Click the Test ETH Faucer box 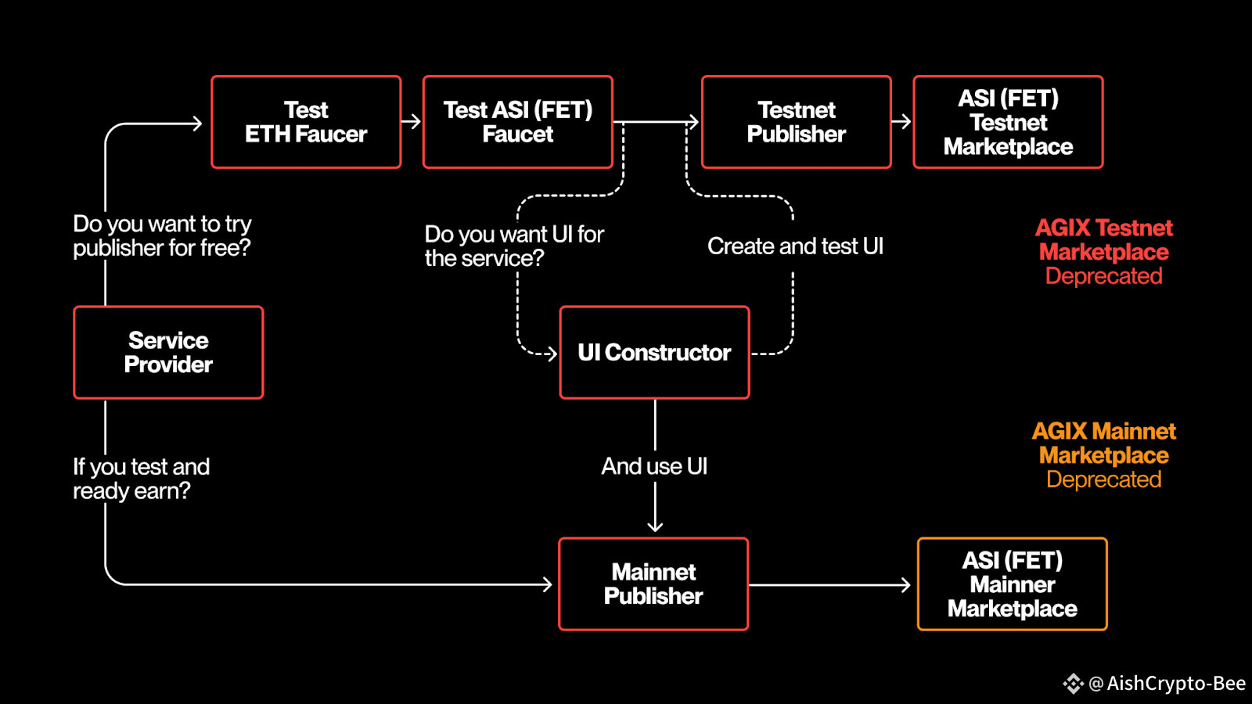306,122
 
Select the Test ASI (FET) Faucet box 518,122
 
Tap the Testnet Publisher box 797,122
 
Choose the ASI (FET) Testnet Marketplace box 1009,122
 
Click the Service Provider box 168,353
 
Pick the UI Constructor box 654,353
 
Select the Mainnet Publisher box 653,584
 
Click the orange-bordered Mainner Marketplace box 1013,584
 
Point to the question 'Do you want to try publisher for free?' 162,235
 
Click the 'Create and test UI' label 795,246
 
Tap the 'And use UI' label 654,466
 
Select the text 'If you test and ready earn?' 142,479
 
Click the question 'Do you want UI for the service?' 514,246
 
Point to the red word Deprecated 1104,276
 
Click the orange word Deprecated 1104,480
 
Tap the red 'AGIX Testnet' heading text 1104,228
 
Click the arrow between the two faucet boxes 412,122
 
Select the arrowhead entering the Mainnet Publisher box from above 655,526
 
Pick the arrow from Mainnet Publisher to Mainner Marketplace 829,585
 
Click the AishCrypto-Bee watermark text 1176,684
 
